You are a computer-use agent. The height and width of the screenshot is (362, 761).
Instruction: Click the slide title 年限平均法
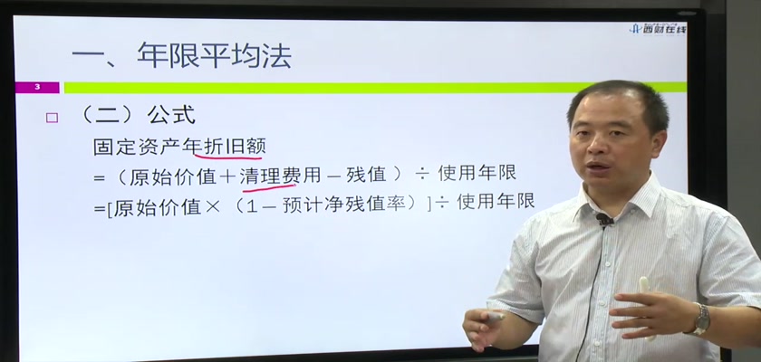pos(214,55)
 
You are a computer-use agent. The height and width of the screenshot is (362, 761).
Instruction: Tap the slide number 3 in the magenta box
pos(37,88)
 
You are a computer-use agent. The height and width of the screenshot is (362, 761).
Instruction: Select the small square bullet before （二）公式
pos(52,118)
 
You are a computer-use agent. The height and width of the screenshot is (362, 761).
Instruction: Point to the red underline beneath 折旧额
pos(228,156)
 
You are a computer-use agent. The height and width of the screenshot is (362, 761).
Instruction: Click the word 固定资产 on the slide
pos(138,147)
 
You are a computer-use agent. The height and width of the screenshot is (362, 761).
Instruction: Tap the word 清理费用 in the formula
pos(280,176)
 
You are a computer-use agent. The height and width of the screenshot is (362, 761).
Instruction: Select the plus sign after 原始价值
pos(227,176)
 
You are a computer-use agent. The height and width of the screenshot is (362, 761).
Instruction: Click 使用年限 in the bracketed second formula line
pos(496,201)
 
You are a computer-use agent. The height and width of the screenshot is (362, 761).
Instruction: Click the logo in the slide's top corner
pos(658,29)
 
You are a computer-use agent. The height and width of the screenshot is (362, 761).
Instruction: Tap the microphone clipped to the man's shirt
pos(605,221)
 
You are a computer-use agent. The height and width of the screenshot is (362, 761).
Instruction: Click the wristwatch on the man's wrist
pos(700,319)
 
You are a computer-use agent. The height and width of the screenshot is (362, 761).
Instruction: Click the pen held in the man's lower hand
pos(491,318)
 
